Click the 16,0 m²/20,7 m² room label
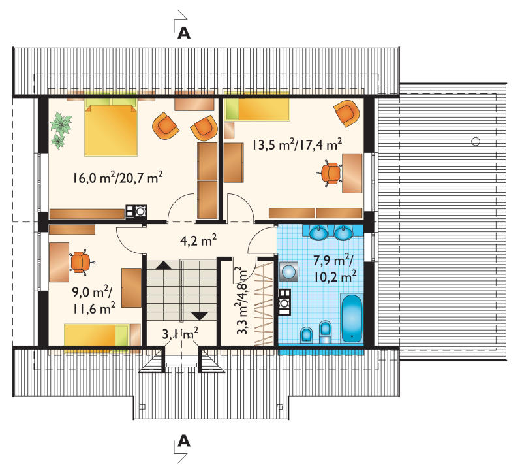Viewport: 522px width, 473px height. [x=118, y=177]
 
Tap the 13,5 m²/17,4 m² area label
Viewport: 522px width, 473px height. [x=297, y=144]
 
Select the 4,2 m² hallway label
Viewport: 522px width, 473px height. [x=198, y=240]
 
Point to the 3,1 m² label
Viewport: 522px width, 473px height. [x=181, y=333]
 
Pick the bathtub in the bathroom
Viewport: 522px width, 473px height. [x=352, y=318]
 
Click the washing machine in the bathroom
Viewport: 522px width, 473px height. [x=289, y=272]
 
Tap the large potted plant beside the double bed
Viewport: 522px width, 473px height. [x=61, y=123]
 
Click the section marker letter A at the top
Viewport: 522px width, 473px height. [x=184, y=33]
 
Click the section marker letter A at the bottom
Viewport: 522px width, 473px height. [x=184, y=441]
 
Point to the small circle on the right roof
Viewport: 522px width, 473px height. [x=476, y=141]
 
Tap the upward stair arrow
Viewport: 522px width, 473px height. [x=163, y=265]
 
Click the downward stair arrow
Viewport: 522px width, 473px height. [x=200, y=316]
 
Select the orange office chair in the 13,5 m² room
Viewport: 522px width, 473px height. [x=330, y=173]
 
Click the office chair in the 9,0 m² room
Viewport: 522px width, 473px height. [x=82, y=262]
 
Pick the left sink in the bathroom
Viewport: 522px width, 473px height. [x=318, y=233]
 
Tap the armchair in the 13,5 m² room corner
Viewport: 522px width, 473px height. [x=347, y=113]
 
